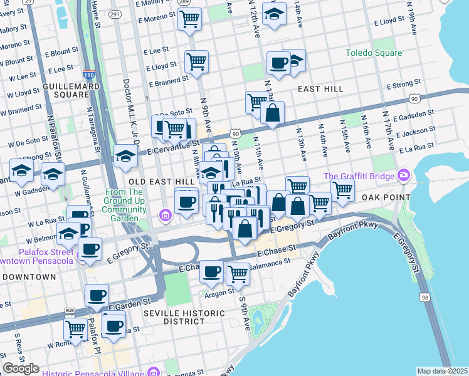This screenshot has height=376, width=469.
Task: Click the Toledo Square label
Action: tap(373, 53)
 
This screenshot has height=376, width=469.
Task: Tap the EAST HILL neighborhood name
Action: tap(320, 89)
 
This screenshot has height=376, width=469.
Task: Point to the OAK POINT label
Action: tap(385, 197)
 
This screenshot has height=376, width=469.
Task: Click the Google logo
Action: tap(21, 368)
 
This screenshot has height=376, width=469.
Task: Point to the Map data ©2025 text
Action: tap(441, 371)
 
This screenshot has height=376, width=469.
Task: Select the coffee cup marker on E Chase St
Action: tap(211, 271)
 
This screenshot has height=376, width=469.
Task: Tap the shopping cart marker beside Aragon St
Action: tap(238, 273)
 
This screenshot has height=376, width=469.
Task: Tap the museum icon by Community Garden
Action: tap(166, 216)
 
